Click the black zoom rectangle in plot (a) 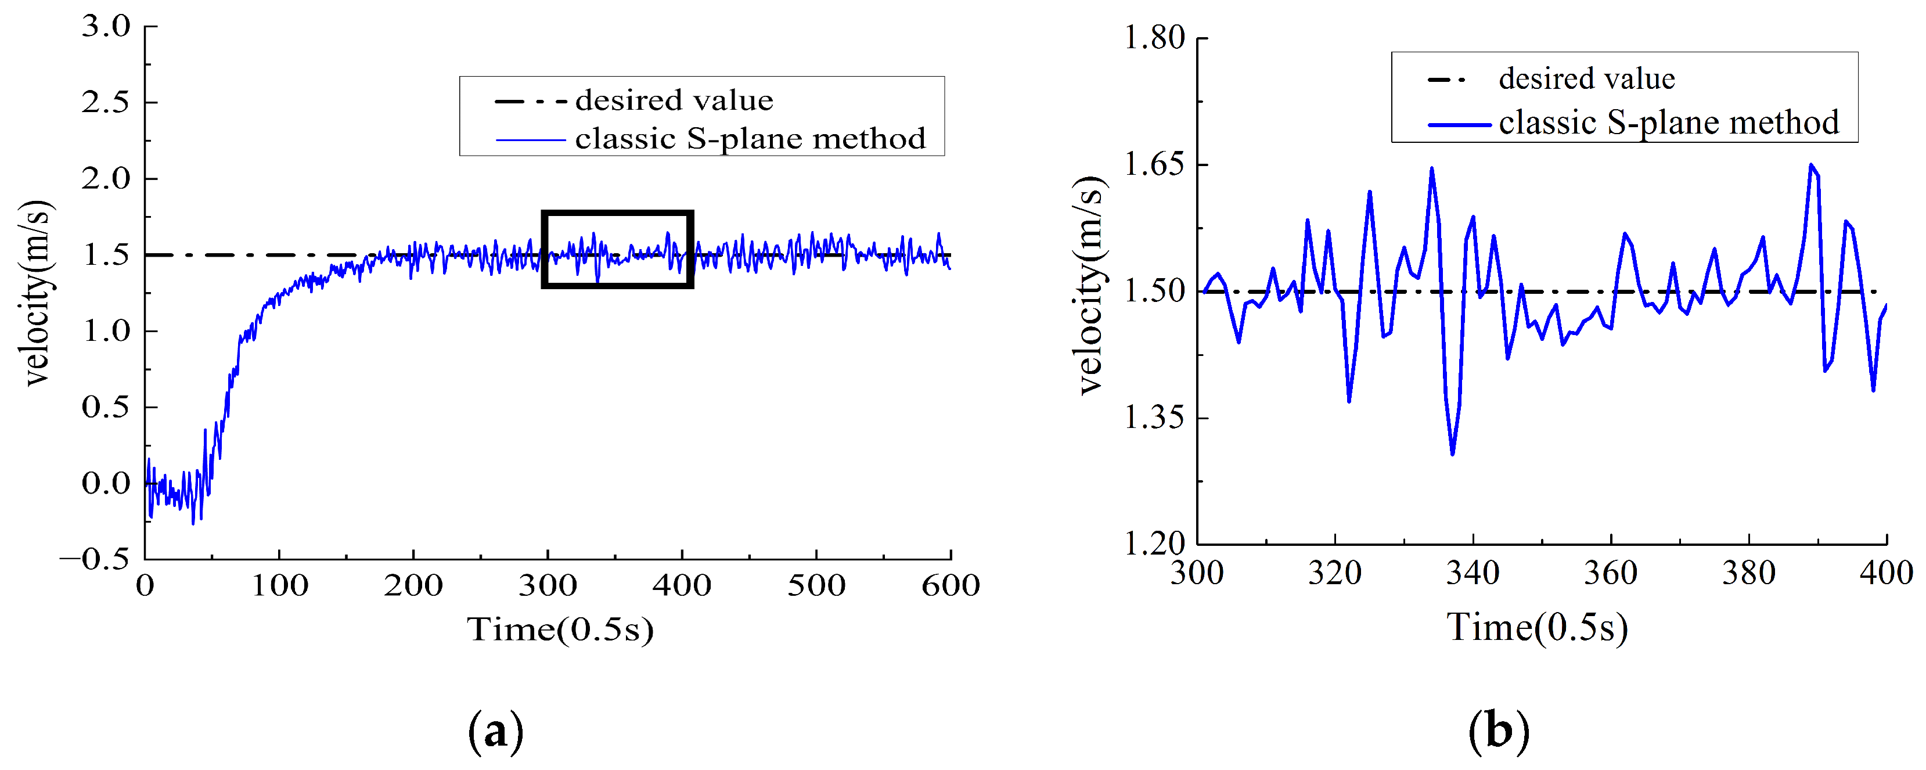tap(618, 213)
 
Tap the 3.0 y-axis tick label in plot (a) tap(106, 26)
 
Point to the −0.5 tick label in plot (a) tap(95, 559)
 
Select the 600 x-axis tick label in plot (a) tap(951, 585)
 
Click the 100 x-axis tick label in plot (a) tap(279, 585)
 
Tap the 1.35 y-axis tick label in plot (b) tap(1155, 417)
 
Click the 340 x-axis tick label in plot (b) tap(1472, 573)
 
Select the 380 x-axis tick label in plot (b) tap(1748, 573)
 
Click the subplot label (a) tap(495, 731)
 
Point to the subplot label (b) tap(1498, 731)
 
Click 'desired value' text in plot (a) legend tap(674, 100)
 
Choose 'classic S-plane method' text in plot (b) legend tap(1669, 122)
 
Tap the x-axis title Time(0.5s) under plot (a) tap(560, 629)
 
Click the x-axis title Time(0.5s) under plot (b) tap(1536, 627)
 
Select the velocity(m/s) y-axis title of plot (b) tap(1092, 286)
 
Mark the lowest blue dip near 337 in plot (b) tap(1452, 453)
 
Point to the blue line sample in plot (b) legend tap(1459, 124)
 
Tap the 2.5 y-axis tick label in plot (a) tap(106, 102)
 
